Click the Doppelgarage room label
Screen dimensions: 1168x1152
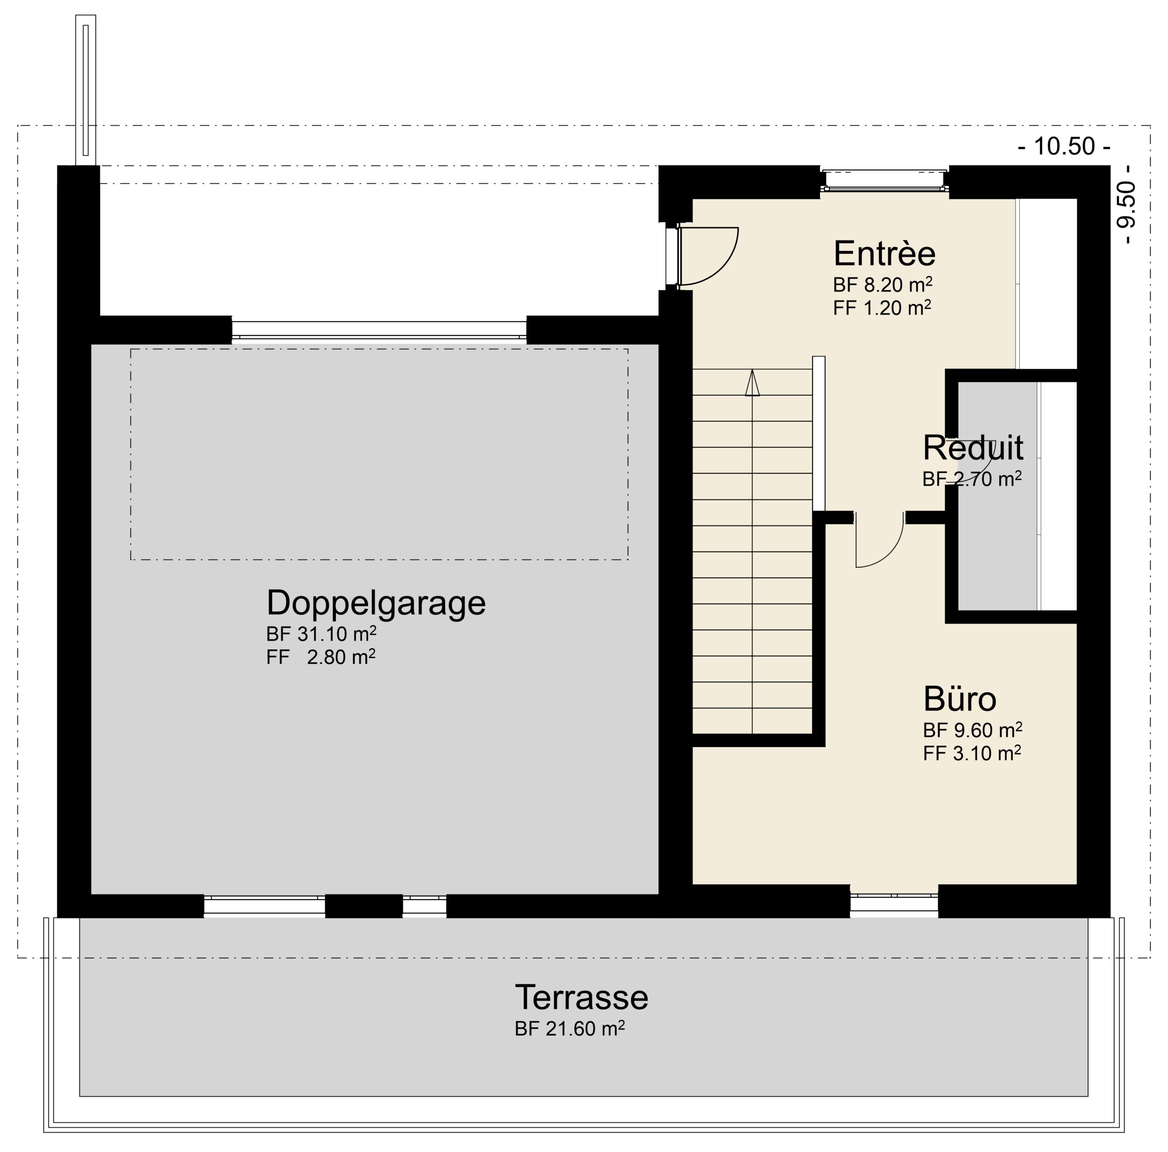click(375, 603)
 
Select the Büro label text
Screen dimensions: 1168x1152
click(960, 699)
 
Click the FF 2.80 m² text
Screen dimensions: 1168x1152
click(321, 657)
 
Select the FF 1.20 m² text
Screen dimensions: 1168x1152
click(882, 308)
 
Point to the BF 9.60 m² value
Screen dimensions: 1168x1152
click(973, 731)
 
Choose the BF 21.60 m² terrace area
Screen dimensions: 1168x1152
click(569, 1029)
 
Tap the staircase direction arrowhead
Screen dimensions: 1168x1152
click(752, 383)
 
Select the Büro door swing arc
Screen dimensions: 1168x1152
click(891, 555)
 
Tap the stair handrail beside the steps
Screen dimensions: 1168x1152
click(819, 434)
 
